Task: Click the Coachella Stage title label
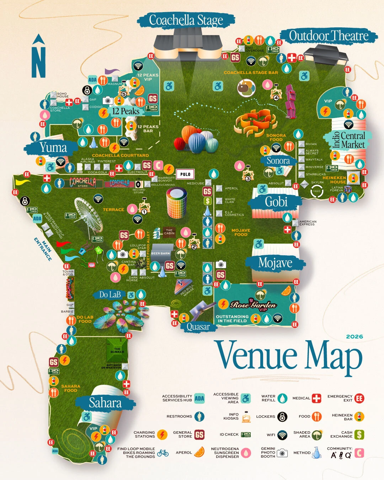pos(186,20)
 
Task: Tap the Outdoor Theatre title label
pos(329,36)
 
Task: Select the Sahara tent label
pos(105,403)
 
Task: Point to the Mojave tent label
pos(275,263)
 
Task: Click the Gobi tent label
pos(276,202)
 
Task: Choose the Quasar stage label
pos(198,327)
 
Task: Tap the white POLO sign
pos(185,174)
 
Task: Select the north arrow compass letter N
pos(38,60)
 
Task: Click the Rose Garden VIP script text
pos(253,305)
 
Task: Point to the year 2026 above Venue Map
pos(354,336)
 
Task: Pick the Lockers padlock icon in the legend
pos(282,417)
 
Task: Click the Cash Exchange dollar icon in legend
pos(359,434)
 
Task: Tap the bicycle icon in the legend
pos(163,453)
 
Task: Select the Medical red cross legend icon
pos(316,398)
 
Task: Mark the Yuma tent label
pos(53,147)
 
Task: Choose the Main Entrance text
pos(43,249)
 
